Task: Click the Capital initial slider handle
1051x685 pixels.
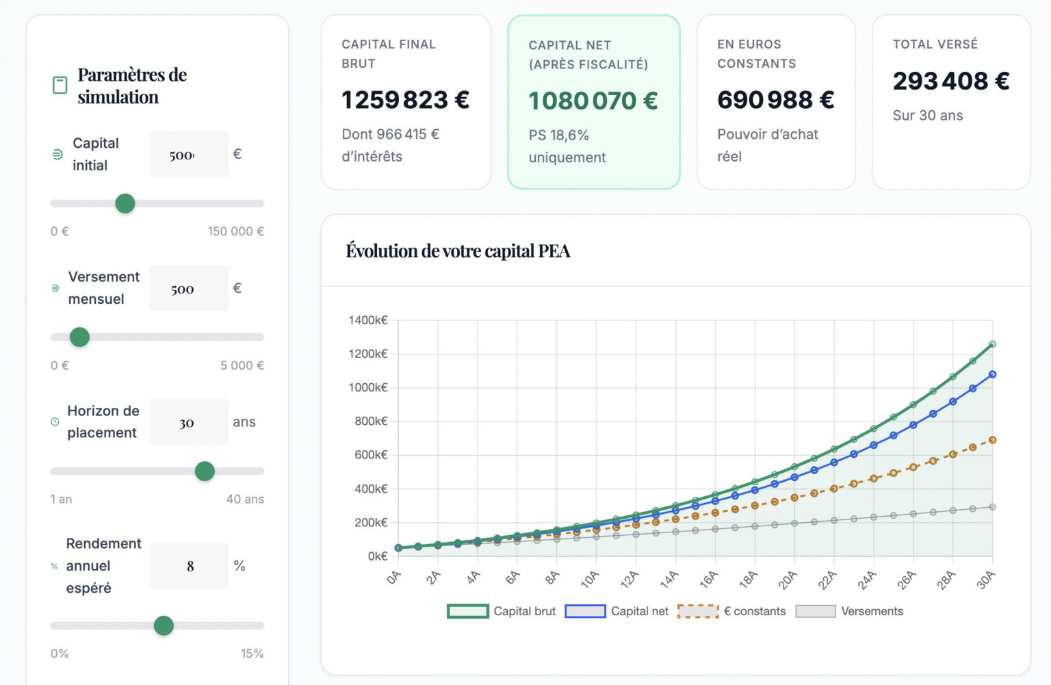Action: click(125, 203)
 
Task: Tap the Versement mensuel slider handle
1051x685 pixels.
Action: click(80, 337)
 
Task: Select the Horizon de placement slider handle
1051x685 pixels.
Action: click(205, 471)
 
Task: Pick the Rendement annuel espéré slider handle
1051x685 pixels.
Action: click(164, 625)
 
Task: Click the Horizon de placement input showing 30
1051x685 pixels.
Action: click(188, 422)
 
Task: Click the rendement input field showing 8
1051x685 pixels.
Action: click(190, 566)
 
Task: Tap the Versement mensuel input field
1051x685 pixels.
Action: click(188, 289)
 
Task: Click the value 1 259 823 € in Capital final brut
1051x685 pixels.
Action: click(405, 100)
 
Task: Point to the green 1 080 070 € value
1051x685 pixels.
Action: click(593, 101)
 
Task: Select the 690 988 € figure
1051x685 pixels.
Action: click(775, 100)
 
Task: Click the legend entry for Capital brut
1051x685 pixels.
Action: click(502, 611)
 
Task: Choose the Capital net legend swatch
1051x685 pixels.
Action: click(586, 611)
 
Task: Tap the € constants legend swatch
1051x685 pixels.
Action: click(698, 611)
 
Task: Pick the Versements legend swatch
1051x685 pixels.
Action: click(816, 611)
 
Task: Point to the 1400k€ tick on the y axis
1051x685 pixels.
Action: click(367, 320)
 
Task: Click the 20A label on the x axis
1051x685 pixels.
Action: click(788, 580)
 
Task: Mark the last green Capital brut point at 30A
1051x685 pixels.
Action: click(992, 344)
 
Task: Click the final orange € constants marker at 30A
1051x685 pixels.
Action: click(992, 440)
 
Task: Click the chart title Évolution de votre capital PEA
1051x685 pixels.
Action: click(458, 251)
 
